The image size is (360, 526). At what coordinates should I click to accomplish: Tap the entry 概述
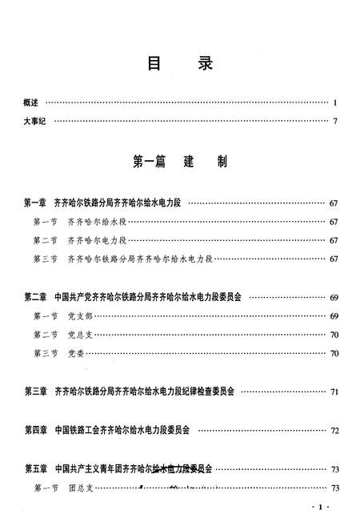32,102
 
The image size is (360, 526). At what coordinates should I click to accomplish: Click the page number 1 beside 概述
337,102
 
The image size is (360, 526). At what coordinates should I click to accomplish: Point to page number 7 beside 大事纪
337,122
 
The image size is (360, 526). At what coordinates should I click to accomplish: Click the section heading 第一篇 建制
180,163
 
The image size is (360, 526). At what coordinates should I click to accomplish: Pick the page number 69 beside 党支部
334,316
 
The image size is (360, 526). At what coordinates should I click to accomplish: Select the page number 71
334,392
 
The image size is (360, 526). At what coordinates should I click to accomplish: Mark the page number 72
334,431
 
